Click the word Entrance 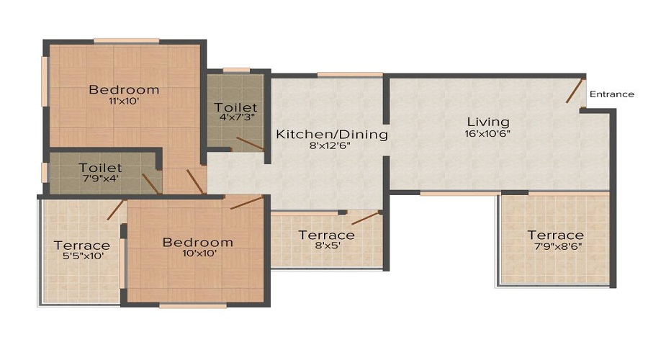pyautogui.click(x=611, y=94)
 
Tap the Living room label pyautogui.click(x=487, y=122)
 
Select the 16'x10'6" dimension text pyautogui.click(x=487, y=133)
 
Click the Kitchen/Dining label pyautogui.click(x=333, y=134)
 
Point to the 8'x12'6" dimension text pyautogui.click(x=333, y=145)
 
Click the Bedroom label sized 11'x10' pyautogui.click(x=124, y=90)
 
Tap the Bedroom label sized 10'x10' pyautogui.click(x=197, y=242)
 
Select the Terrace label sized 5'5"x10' pyautogui.click(x=82, y=246)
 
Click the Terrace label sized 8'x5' pyautogui.click(x=326, y=235)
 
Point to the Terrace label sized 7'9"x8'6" pyautogui.click(x=555, y=235)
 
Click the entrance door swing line pyautogui.click(x=574, y=91)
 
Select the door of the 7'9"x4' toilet pyautogui.click(x=151, y=184)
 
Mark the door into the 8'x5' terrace pyautogui.click(x=366, y=218)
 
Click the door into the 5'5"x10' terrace pyautogui.click(x=114, y=210)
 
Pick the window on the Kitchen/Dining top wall pyautogui.click(x=350, y=74)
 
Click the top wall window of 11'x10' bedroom pyautogui.click(x=127, y=40)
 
